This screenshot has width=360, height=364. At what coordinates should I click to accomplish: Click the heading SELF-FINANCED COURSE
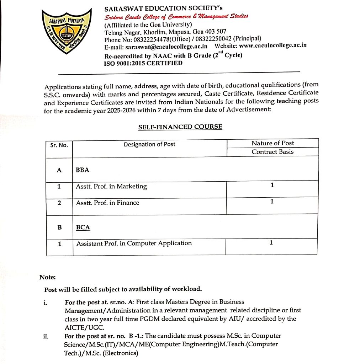pyautogui.click(x=180, y=127)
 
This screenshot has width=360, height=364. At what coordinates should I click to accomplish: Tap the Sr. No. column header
pyautogui.click(x=59, y=145)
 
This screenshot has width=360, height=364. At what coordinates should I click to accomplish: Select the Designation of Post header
pyautogui.click(x=149, y=144)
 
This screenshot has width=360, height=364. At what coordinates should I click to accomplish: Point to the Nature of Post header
pyautogui.click(x=272, y=143)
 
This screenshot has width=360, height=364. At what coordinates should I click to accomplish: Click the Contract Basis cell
pyautogui.click(x=272, y=152)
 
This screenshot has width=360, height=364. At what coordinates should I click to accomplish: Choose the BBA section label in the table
pyautogui.click(x=83, y=170)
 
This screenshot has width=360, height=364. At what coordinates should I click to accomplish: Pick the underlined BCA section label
pyautogui.click(x=83, y=227)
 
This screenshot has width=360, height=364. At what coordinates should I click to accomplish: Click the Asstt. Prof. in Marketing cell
pyautogui.click(x=111, y=187)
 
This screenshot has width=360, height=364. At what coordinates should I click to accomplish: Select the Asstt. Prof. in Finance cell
pyautogui.click(x=107, y=203)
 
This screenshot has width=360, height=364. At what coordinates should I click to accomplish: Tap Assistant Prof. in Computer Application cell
pyautogui.click(x=134, y=243)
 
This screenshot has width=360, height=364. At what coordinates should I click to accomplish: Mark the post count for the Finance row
pyautogui.click(x=272, y=202)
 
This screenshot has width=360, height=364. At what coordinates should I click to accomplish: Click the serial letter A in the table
pyautogui.click(x=59, y=170)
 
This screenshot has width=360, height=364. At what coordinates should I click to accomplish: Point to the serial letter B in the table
pyautogui.click(x=59, y=227)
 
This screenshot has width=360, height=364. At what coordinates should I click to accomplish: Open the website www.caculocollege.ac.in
pyautogui.click(x=272, y=45)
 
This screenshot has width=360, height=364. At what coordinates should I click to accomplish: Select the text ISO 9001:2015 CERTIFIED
pyautogui.click(x=143, y=63)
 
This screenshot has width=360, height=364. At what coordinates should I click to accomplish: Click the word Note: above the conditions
pyautogui.click(x=47, y=277)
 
